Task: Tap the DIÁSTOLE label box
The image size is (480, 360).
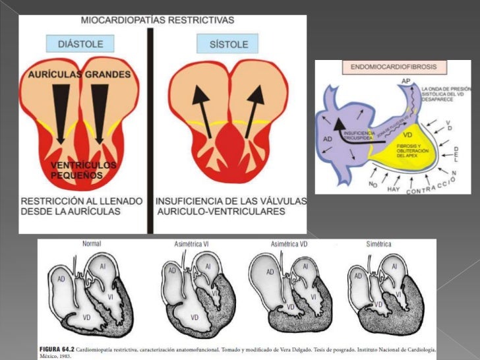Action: [80, 44]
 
